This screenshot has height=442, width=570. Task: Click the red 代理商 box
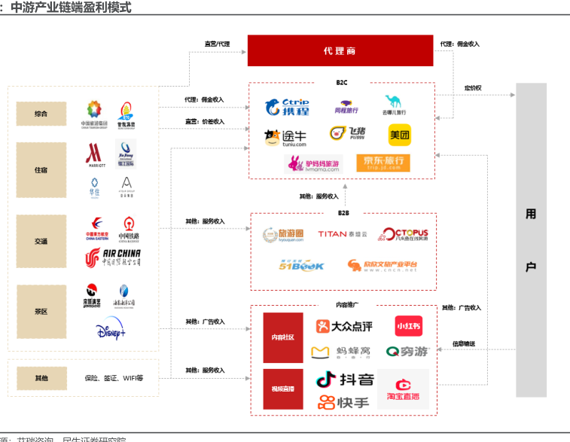[340, 50]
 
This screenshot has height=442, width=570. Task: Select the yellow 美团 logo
[399, 136]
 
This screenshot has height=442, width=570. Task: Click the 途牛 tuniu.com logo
[285, 137]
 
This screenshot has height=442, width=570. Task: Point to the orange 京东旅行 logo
[383, 162]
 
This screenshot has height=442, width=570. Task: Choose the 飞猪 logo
[346, 134]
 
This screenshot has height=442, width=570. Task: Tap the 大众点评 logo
[343, 326]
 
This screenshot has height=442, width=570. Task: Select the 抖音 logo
[344, 379]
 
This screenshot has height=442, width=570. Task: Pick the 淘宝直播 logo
[403, 388]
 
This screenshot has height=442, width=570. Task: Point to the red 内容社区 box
[283, 338]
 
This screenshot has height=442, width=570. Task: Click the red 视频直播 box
[283, 389]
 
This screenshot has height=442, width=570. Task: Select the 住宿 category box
[41, 170]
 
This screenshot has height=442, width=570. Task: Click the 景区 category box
[41, 310]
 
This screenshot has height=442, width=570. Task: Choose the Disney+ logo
[111, 330]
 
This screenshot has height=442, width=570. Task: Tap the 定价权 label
[473, 88]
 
